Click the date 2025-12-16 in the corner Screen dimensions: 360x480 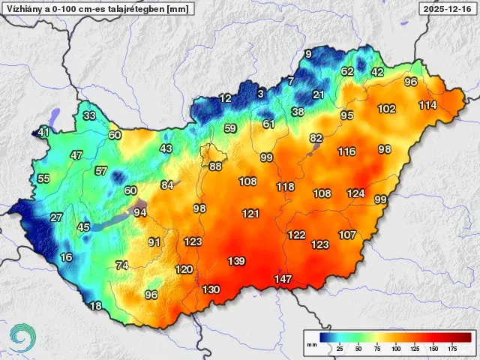tap(448, 9)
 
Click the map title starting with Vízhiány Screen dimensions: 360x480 tap(97, 9)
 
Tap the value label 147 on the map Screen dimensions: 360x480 tap(283, 279)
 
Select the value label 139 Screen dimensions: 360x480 tap(236, 261)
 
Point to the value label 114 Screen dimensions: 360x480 tap(427, 105)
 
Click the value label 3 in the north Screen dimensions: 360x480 tap(260, 94)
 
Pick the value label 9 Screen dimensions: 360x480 tap(307, 54)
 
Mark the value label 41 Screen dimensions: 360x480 tap(43, 133)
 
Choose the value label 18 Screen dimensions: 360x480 tap(95, 306)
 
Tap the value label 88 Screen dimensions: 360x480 tap(215, 166)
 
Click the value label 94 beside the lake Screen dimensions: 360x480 tap(140, 212)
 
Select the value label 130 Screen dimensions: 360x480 tap(211, 289)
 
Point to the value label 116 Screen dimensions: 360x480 tap(346, 151)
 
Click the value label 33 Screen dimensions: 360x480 tap(89, 115)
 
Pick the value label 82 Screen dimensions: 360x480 tap(316, 138)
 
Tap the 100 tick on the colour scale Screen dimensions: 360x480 tap(396, 349)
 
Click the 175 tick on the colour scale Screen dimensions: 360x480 tap(452, 349)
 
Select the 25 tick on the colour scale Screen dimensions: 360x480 tap(340, 349)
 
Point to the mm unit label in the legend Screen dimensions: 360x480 tap(311, 344)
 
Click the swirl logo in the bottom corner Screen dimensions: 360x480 tap(23, 337)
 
